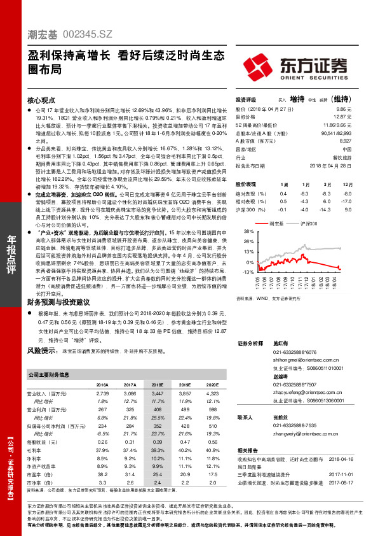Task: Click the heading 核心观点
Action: tap(42, 101)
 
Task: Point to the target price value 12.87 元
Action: tap(343, 117)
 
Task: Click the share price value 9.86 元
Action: tap(344, 109)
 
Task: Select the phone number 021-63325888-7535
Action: tap(294, 425)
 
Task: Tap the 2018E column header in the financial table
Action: tap(156, 385)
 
